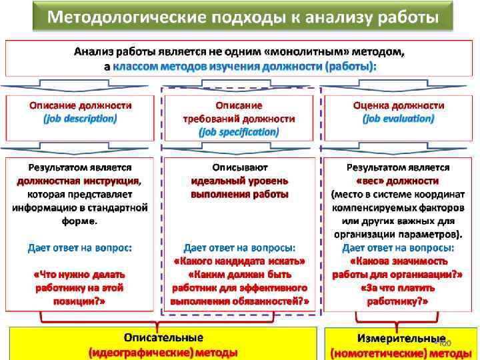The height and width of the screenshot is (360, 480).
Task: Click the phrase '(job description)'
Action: (x=80, y=119)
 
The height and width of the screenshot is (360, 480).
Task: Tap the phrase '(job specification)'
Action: (x=239, y=131)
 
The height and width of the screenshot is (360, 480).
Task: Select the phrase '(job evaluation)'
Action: (x=398, y=119)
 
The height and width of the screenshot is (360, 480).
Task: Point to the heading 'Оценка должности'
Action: (x=398, y=105)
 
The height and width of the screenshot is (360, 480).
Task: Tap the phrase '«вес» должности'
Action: (x=398, y=181)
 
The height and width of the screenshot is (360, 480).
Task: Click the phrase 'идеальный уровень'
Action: (x=239, y=181)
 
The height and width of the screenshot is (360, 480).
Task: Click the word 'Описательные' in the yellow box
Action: (x=163, y=338)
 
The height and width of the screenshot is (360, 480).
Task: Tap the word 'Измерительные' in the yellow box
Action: (x=401, y=339)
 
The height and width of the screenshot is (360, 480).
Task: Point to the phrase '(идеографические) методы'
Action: (x=163, y=352)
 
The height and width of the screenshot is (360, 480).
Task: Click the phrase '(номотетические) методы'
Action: (x=400, y=352)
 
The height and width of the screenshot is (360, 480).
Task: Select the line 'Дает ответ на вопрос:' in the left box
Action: (x=80, y=247)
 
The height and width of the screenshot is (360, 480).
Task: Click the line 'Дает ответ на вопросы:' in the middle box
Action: (x=239, y=247)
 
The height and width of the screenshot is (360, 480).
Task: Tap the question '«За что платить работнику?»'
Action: (x=398, y=294)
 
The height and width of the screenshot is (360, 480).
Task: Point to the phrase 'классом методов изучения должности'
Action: (x=217, y=67)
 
